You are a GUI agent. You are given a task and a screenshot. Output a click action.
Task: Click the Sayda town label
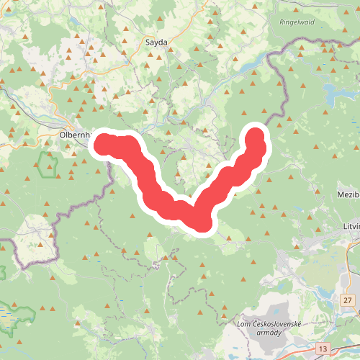coord(156,42)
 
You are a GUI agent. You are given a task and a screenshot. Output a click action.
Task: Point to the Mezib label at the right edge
coord(347,195)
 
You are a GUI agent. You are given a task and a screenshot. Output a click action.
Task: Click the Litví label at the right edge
coord(351,227)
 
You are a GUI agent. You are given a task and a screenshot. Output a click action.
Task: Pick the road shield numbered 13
coord(322,348)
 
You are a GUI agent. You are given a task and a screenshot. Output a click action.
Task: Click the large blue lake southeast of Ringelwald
coord(333,93)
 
